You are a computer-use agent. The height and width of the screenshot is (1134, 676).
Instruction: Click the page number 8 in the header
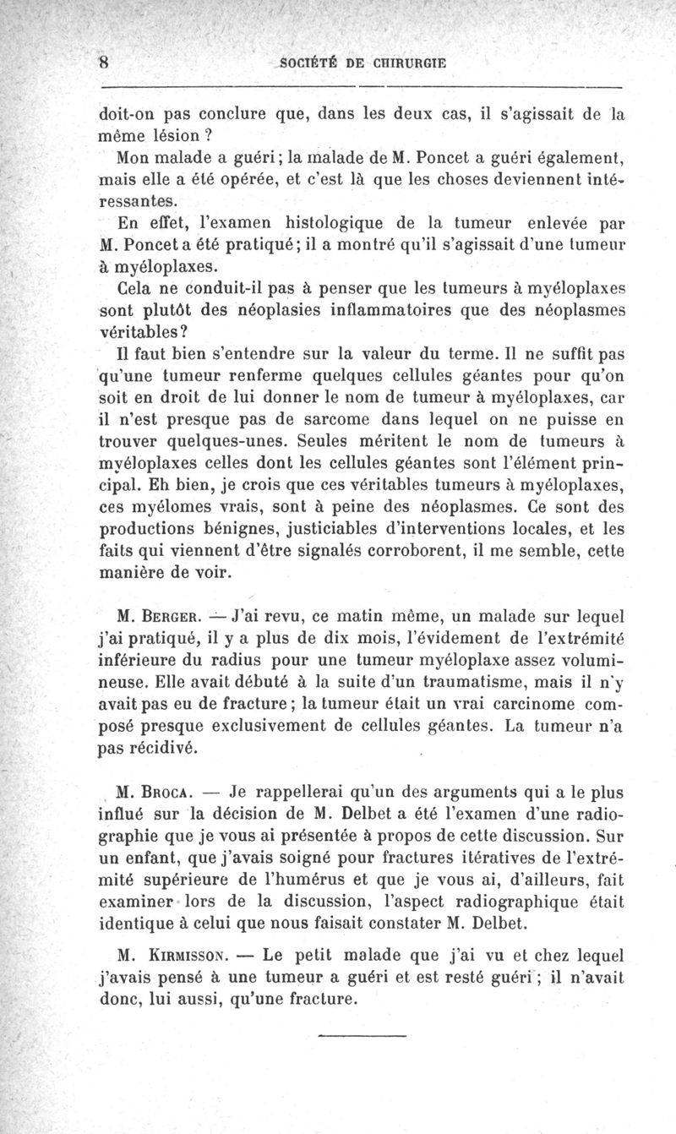click(105, 62)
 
